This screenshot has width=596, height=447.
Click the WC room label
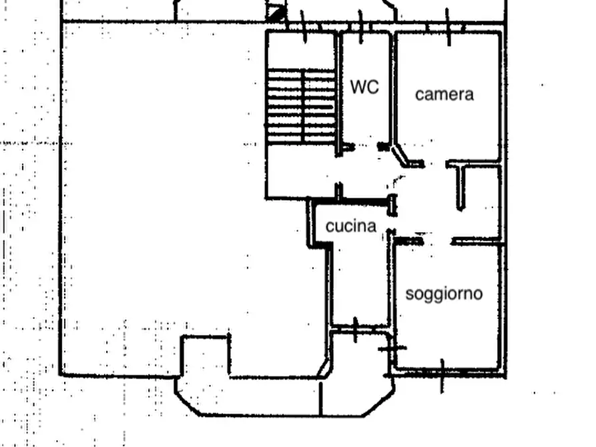pyautogui.click(x=364, y=87)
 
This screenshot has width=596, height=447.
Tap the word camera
pyautogui.click(x=444, y=94)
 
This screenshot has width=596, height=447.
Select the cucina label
pyautogui.click(x=351, y=226)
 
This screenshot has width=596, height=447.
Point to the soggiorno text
pyautogui.click(x=444, y=293)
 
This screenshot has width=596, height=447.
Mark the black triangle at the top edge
pyautogui.click(x=276, y=13)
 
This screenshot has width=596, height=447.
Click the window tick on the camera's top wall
pyautogui.click(x=448, y=27)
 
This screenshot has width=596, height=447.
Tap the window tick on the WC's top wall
pyautogui.click(x=361, y=27)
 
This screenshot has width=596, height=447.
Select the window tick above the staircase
pyautogui.click(x=304, y=27)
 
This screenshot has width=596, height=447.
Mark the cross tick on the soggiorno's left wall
pyautogui.click(x=392, y=348)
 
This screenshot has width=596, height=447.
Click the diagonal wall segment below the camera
pyautogui.click(x=402, y=155)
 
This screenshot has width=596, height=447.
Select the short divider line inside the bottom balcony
pyautogui.click(x=321, y=398)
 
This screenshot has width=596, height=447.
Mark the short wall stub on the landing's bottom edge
pyautogui.click(x=338, y=191)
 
